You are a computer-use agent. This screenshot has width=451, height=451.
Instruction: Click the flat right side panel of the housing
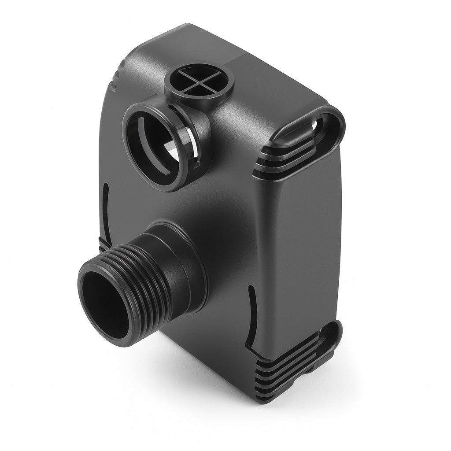(x=304, y=247)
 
